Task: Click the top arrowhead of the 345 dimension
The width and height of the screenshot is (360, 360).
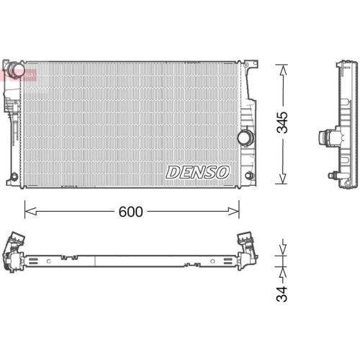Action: pos(282,67)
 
